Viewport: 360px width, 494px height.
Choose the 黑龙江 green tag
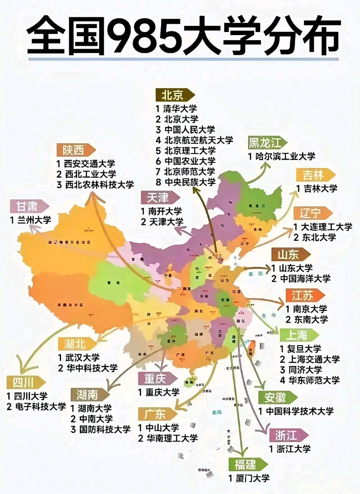[x=267, y=143]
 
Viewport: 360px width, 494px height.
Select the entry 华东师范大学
[x=313, y=380]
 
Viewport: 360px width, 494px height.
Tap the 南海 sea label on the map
[x=217, y=413]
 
